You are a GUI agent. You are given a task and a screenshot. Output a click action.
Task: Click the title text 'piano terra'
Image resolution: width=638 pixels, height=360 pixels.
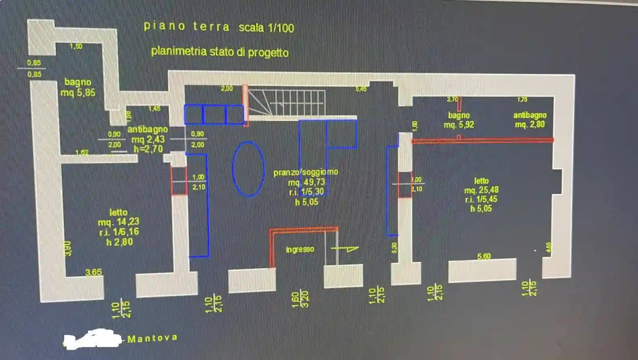click(186, 26)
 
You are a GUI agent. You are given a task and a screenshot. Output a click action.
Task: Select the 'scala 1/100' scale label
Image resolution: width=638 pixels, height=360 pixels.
click(266, 28)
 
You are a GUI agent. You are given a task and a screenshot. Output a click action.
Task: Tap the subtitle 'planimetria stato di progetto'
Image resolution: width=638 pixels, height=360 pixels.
click(220, 52)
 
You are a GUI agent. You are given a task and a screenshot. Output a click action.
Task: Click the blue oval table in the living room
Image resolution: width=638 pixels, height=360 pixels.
click(248, 168)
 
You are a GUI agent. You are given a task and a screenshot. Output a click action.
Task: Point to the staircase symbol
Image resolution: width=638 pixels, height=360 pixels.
click(286, 103)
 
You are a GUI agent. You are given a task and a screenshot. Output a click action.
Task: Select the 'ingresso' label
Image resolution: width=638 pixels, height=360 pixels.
click(300, 249)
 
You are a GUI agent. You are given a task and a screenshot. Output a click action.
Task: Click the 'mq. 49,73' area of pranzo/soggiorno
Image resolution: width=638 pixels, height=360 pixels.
click(306, 182)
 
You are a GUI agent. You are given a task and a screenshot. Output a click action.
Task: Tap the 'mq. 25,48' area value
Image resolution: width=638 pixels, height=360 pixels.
click(481, 190)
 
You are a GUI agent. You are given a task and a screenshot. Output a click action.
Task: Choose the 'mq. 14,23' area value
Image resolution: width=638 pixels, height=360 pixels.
click(118, 222)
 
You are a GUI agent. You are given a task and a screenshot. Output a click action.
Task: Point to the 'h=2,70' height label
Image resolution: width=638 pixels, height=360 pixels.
click(148, 149)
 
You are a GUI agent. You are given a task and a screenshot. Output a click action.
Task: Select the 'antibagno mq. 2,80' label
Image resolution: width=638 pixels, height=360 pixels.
click(529, 120)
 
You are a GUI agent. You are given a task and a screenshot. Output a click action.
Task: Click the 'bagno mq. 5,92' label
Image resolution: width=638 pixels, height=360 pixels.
click(459, 120)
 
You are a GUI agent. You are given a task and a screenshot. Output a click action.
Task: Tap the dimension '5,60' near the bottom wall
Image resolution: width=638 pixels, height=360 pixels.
click(484, 256)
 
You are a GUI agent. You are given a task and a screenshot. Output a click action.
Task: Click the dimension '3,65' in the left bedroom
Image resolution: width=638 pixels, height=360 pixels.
click(94, 272)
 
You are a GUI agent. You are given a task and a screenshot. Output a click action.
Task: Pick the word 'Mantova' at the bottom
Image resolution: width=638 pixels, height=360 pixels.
click(152, 338)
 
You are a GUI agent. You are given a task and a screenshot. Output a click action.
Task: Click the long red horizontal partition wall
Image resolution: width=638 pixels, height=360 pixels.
click(482, 140)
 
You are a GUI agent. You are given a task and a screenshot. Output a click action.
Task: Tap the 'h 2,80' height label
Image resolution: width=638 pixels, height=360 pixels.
click(119, 242)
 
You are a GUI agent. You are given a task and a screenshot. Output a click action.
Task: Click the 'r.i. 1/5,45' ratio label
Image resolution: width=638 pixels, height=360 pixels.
click(481, 199)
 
